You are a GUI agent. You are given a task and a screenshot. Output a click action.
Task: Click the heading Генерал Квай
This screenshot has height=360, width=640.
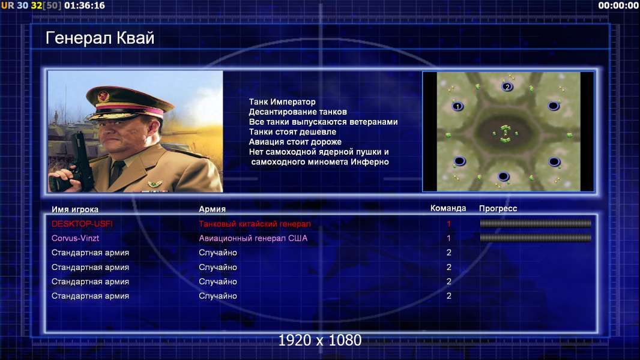[x=100, y=38]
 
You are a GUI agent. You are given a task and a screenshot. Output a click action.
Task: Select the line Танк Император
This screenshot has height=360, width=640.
[x=282, y=102]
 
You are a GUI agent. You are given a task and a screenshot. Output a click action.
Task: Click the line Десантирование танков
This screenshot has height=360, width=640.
[x=298, y=112]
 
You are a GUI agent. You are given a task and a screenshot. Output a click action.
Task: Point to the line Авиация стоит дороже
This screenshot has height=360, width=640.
[x=295, y=142]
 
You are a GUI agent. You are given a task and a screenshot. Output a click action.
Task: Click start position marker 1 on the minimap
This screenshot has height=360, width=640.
[x=457, y=106]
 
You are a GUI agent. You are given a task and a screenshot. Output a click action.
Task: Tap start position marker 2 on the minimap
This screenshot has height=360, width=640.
[x=507, y=86]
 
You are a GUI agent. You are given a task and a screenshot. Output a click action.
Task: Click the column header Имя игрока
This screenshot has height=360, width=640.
[x=74, y=209]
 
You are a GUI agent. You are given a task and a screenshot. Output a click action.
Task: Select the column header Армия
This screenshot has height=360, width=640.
[x=213, y=209]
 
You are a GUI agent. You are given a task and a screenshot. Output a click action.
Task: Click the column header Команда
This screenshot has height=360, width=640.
[x=448, y=208]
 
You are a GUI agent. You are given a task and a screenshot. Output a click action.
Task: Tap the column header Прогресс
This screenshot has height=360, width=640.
[x=498, y=209]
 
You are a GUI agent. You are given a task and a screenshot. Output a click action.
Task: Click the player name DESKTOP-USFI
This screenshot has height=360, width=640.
[x=82, y=224]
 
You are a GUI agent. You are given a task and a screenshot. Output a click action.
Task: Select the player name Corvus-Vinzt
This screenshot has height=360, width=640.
[x=75, y=238]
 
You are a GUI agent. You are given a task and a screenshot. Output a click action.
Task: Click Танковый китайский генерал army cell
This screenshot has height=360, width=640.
[x=255, y=224]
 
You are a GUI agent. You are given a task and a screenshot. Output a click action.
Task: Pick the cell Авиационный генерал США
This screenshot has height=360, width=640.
[x=253, y=238]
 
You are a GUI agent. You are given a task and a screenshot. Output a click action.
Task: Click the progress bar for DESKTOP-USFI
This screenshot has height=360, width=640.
[x=536, y=223]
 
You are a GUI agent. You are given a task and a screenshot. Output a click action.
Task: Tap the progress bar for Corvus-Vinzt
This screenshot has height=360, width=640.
[x=536, y=238]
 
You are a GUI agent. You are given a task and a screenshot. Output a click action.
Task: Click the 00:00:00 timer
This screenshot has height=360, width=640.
[x=618, y=6]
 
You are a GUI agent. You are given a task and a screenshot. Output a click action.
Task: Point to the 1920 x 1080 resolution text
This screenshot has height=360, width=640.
[x=319, y=340]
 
